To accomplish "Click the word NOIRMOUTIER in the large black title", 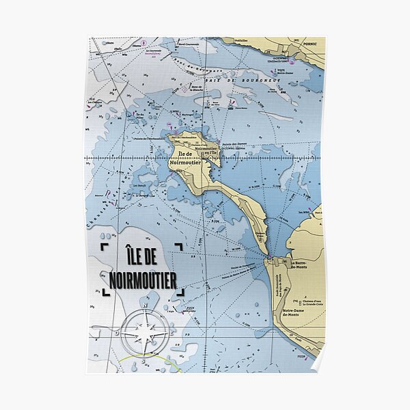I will click(143, 279).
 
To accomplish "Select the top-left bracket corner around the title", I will click(104, 247).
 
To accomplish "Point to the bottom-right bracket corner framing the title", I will click(181, 292).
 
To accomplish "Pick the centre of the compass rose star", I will click(144, 334).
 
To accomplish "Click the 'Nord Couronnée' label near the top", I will click(185, 44).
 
